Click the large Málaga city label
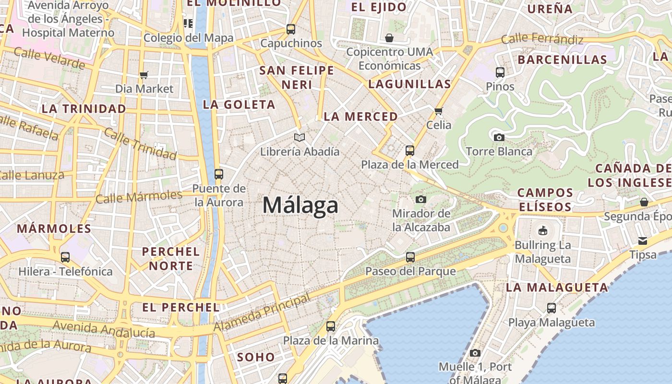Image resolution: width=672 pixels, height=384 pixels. click(x=300, y=205)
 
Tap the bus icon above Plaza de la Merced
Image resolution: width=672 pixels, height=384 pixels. click(x=410, y=151)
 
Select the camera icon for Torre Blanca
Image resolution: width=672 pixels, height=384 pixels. click(x=499, y=137)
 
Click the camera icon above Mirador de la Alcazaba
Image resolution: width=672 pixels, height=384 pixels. click(x=421, y=199)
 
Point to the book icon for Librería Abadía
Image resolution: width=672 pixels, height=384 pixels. click(x=300, y=138)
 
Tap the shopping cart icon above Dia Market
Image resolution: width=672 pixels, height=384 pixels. click(x=144, y=75)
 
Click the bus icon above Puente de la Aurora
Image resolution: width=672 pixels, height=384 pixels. click(x=219, y=174)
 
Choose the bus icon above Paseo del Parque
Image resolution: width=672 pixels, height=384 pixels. click(x=410, y=257)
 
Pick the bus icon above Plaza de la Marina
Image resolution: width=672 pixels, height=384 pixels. click(x=331, y=326)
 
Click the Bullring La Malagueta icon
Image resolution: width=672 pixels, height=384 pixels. click(x=543, y=231)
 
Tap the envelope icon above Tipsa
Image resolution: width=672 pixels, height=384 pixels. click(x=643, y=240)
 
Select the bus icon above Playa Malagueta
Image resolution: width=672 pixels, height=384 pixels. click(x=552, y=308)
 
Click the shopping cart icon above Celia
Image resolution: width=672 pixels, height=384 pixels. click(x=438, y=111)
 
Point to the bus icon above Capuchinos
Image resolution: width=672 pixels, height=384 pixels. click(x=291, y=29)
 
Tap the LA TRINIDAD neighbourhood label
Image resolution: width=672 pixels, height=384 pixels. click(x=84, y=109)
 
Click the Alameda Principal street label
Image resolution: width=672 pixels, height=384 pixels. click(x=262, y=313)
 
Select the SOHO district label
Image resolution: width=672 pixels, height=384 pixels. click(x=256, y=357)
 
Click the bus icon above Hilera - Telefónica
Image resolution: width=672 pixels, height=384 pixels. click(x=65, y=257)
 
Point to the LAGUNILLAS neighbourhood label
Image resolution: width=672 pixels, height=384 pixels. click(x=409, y=84)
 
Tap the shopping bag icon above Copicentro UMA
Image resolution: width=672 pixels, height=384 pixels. click(x=389, y=38)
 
